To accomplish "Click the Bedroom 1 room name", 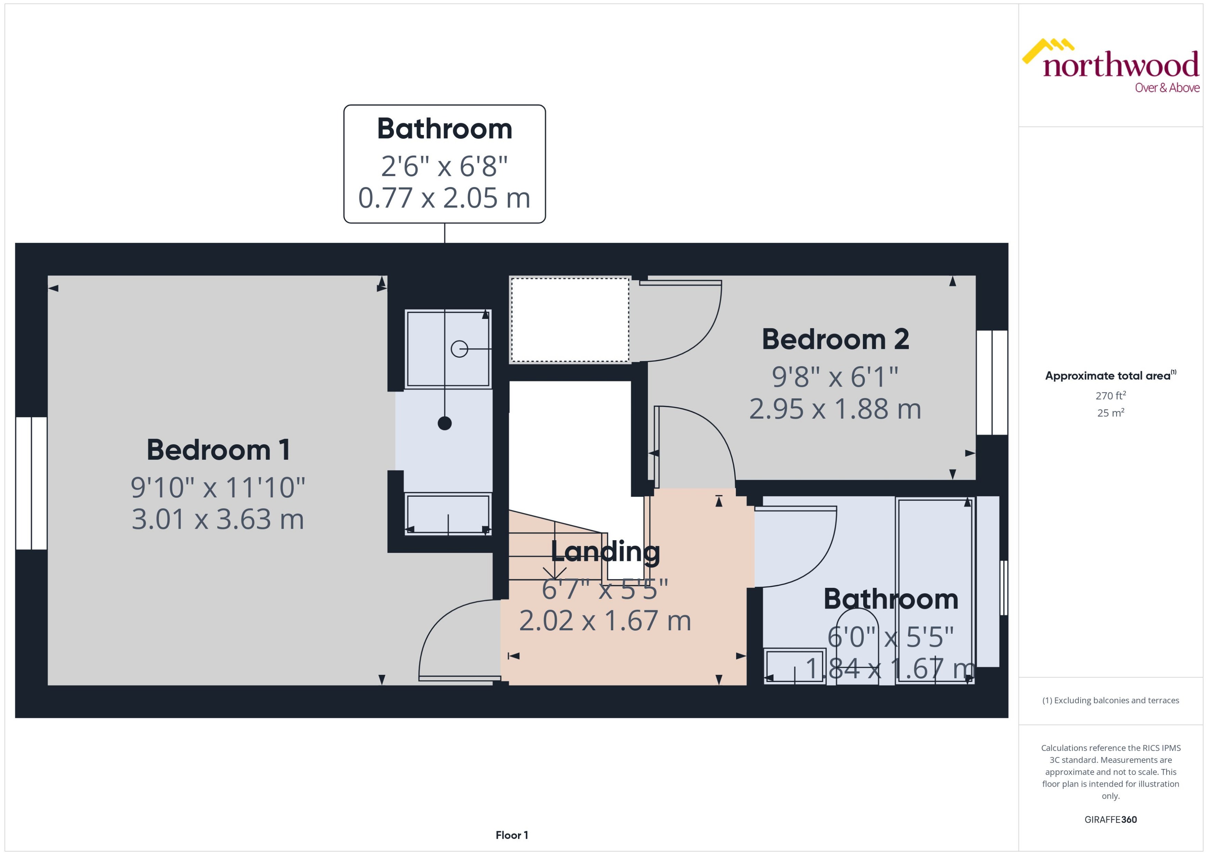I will click(x=218, y=450).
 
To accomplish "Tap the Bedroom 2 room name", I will click(x=835, y=340).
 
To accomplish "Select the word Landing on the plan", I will click(x=605, y=551).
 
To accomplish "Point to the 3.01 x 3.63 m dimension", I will click(x=218, y=519).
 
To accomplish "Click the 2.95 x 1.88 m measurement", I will click(x=835, y=409).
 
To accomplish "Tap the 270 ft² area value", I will click(x=1111, y=395).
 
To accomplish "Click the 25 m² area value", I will click(x=1111, y=413).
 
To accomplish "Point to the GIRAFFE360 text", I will click(x=1111, y=820).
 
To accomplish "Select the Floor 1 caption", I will click(x=512, y=835).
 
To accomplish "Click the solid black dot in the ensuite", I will click(x=445, y=423).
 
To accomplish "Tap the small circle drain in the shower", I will click(x=459, y=349).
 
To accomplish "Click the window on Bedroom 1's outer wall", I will click(x=32, y=483).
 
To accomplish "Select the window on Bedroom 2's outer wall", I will click(x=992, y=383).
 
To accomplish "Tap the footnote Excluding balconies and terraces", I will click(x=1111, y=700).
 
